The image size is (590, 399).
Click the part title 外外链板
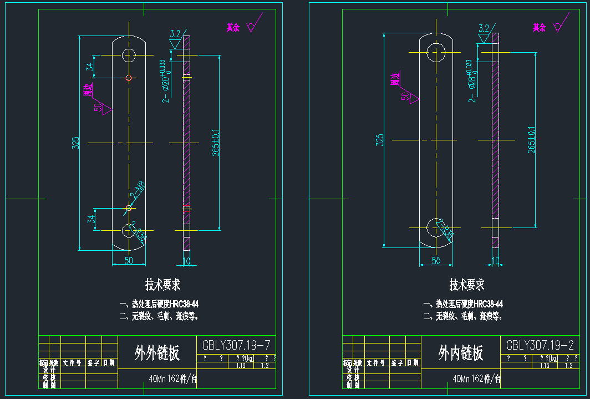(x=157, y=352)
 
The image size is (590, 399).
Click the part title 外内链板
(x=460, y=352)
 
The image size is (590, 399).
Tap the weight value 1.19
(x=241, y=366)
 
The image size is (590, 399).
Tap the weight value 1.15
(x=545, y=366)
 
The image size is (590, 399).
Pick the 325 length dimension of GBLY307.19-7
(x=76, y=143)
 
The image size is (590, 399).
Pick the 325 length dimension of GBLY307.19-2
(x=379, y=139)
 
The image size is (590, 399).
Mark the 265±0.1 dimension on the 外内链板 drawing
(x=531, y=140)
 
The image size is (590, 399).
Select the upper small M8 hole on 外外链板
(x=129, y=78)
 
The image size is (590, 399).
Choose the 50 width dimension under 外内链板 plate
(x=436, y=261)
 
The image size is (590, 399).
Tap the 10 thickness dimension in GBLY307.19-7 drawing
(x=186, y=261)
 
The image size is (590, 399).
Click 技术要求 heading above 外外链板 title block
(x=162, y=285)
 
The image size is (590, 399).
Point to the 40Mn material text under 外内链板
(x=460, y=380)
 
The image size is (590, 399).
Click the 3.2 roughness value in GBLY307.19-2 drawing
(x=484, y=28)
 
